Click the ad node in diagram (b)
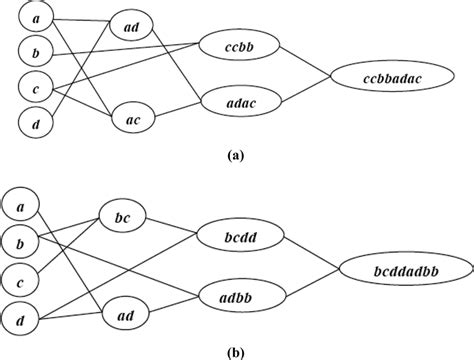(x=123, y=315)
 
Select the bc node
(x=123, y=217)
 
